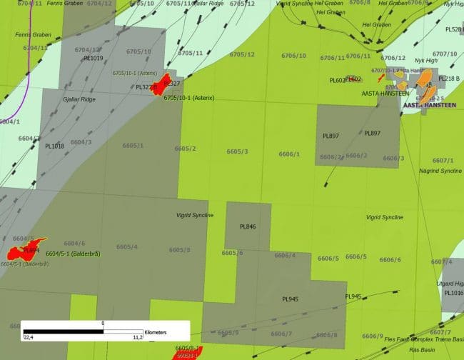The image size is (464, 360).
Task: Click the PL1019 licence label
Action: coord(94,58)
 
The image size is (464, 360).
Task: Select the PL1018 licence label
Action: coord(54,146)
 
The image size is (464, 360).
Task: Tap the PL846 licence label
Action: coord(248,226)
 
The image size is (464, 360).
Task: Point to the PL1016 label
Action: coord(453,293)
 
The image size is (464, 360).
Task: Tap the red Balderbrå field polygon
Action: coord(23,249)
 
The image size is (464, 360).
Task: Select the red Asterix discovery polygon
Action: coord(163,83)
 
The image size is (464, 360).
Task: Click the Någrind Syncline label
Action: coord(441,171)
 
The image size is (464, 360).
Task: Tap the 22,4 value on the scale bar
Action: coord(29,338)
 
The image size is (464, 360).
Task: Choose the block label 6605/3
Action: coord(237,151)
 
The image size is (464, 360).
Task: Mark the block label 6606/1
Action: coord(289,154)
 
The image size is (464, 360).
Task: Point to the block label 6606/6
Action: coord(390,259)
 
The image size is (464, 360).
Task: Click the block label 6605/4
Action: coord(127,246)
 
